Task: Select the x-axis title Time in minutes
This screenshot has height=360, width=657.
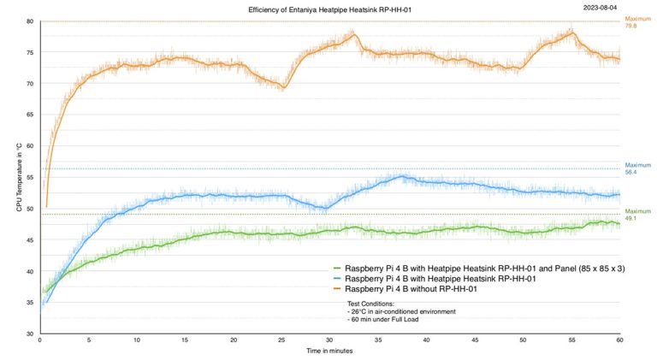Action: [329, 351]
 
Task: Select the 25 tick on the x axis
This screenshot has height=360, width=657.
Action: [281, 339]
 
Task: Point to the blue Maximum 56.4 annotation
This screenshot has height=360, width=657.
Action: [637, 168]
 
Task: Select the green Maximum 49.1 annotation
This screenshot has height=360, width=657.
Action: [637, 215]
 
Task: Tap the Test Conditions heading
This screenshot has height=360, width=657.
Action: [370, 303]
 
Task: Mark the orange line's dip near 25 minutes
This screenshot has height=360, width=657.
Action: [283, 87]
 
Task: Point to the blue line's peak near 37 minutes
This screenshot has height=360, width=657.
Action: [402, 177]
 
